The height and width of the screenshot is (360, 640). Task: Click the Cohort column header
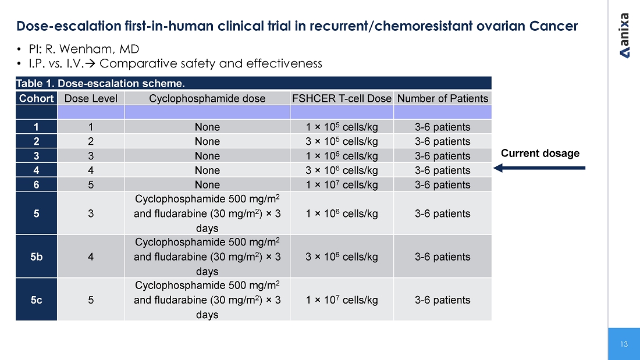(36, 98)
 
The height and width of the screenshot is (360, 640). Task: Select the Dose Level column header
(91, 98)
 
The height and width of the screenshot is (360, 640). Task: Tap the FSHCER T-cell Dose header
(342, 98)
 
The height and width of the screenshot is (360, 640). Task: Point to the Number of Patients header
(442, 98)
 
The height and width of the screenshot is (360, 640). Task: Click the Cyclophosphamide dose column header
(207, 98)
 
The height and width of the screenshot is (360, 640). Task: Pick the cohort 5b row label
(36, 256)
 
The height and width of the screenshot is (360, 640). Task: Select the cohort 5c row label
(36, 300)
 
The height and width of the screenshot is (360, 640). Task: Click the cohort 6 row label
(36, 185)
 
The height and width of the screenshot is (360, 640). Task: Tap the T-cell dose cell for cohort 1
(342, 127)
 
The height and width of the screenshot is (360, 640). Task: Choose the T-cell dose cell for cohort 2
(342, 141)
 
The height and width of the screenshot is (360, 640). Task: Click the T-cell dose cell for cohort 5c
(342, 300)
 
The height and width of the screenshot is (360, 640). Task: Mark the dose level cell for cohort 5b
(91, 256)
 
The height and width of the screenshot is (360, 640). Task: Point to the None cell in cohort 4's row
(207, 170)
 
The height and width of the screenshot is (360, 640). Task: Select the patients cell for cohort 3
(442, 156)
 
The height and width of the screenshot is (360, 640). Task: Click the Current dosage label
(540, 153)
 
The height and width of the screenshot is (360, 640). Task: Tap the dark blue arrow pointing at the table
(539, 167)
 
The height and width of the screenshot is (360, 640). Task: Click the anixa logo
(624, 36)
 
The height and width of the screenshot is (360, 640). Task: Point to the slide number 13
(624, 344)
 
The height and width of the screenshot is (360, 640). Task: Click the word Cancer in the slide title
(553, 26)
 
